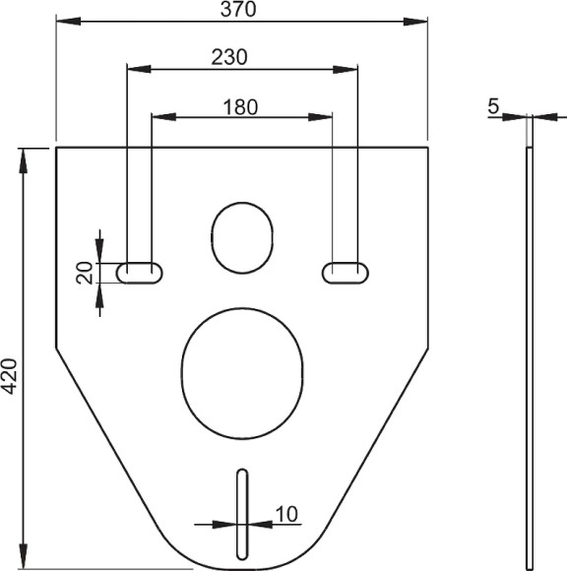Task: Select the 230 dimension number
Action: pos(228,57)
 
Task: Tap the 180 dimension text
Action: pos(240,106)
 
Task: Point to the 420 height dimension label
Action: pos(11,375)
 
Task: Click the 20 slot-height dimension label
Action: pos(86,273)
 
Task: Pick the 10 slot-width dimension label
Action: pos(286,513)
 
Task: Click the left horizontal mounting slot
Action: pos(140,272)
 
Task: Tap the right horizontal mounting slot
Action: pos(344,272)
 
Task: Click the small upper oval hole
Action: pos(241,237)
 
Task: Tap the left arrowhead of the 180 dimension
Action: pos(158,117)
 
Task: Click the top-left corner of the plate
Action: pos(57,149)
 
